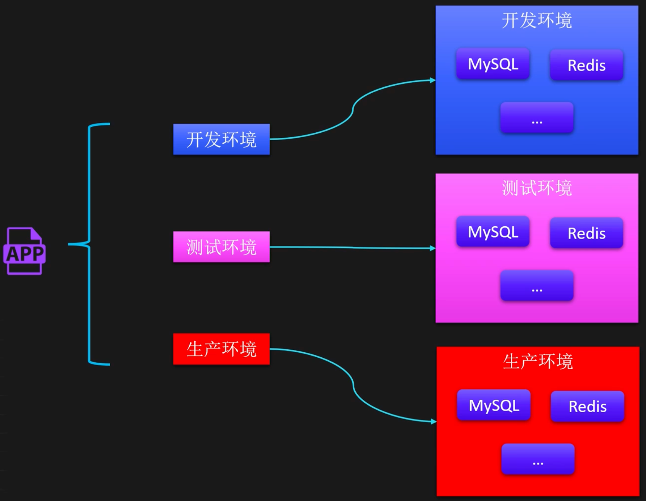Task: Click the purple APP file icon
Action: tap(24, 251)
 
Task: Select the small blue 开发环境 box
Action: tap(221, 139)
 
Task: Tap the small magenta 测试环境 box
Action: tap(221, 247)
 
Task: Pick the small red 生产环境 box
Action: tap(221, 349)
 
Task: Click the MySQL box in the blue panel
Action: tap(493, 64)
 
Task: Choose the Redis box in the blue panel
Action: tap(586, 65)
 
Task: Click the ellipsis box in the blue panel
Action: tap(537, 118)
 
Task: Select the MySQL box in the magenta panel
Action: tap(493, 232)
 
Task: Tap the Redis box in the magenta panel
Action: tap(586, 233)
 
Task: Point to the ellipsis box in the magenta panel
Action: tap(537, 285)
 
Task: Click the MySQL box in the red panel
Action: tap(494, 405)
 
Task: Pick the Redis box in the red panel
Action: tap(588, 406)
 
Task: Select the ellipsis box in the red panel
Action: tap(538, 459)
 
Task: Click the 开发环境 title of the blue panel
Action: tap(537, 21)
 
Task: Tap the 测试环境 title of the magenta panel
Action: tap(537, 188)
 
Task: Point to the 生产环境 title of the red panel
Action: tap(538, 361)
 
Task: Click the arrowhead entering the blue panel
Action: tap(433, 80)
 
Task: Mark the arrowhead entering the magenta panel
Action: tap(433, 248)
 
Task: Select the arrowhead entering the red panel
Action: tap(434, 421)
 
